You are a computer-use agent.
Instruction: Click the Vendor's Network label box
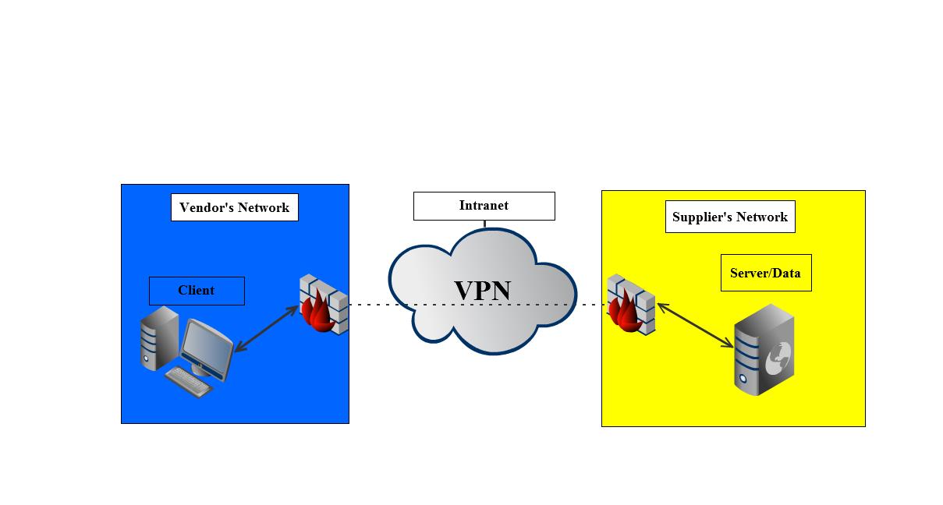(234, 207)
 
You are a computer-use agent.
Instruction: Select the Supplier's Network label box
(729, 217)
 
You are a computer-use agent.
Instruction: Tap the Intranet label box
(484, 206)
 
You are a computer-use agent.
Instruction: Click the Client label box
(197, 291)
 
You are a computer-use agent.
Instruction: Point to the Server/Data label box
(765, 273)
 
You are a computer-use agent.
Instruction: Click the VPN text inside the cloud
(482, 290)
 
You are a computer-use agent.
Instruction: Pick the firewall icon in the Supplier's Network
(630, 305)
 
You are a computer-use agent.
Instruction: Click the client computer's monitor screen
(207, 344)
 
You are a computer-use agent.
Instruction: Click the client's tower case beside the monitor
(159, 337)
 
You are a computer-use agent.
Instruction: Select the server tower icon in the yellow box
(764, 350)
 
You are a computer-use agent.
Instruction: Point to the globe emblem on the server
(778, 358)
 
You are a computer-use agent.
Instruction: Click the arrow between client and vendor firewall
(266, 329)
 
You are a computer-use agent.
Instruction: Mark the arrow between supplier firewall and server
(696, 326)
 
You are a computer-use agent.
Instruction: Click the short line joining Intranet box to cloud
(484, 224)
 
